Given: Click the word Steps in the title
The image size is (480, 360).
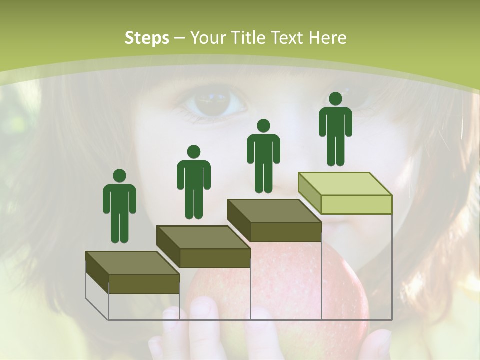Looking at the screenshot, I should (147, 38).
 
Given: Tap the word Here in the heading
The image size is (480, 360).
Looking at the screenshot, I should (328, 38).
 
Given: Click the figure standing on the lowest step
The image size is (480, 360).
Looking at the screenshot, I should (119, 207).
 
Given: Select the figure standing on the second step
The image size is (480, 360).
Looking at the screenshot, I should (193, 183).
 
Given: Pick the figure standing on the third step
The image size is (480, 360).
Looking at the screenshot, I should (263, 157).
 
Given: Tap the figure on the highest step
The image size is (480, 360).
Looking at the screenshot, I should (335, 130).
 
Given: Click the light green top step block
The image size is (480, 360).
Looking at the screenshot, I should (345, 192).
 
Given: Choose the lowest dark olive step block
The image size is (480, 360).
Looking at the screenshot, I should (132, 272).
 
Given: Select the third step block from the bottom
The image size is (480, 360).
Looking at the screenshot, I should (274, 220).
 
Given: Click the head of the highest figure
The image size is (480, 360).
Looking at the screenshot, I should (335, 99).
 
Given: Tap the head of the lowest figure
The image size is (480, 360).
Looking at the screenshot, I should (119, 176).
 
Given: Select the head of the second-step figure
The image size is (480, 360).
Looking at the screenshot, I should (193, 152).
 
